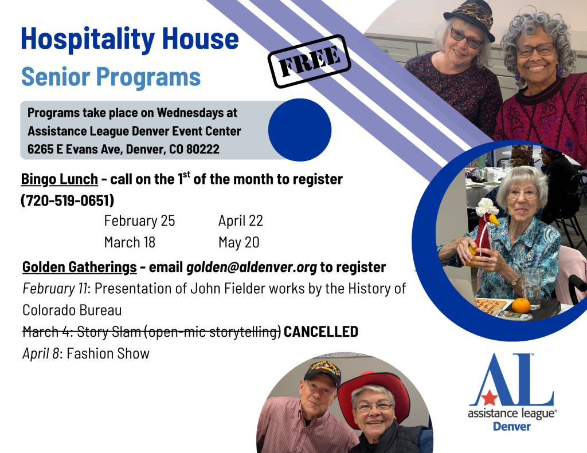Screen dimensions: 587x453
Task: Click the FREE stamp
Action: click(309, 61)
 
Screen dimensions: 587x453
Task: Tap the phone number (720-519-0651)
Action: click(68, 200)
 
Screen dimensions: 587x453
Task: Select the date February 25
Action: click(139, 220)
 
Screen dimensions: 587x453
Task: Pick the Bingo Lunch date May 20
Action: click(239, 242)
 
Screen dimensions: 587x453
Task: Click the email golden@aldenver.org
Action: click(252, 267)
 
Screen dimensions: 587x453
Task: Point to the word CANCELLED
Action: click(321, 332)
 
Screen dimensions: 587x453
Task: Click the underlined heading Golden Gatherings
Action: click(79, 267)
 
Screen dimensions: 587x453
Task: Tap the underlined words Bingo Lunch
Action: click(60, 179)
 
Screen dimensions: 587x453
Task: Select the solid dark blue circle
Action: click(299, 130)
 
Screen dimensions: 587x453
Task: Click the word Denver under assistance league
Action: click(512, 427)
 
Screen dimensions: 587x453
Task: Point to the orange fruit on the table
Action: click(521, 305)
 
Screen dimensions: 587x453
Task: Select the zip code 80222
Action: click(203, 149)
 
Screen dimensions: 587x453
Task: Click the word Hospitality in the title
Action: click(88, 40)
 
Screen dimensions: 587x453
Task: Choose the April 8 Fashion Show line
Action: click(86, 353)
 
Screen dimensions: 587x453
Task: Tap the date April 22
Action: click(241, 220)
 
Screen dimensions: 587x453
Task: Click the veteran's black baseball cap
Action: click(322, 372)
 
